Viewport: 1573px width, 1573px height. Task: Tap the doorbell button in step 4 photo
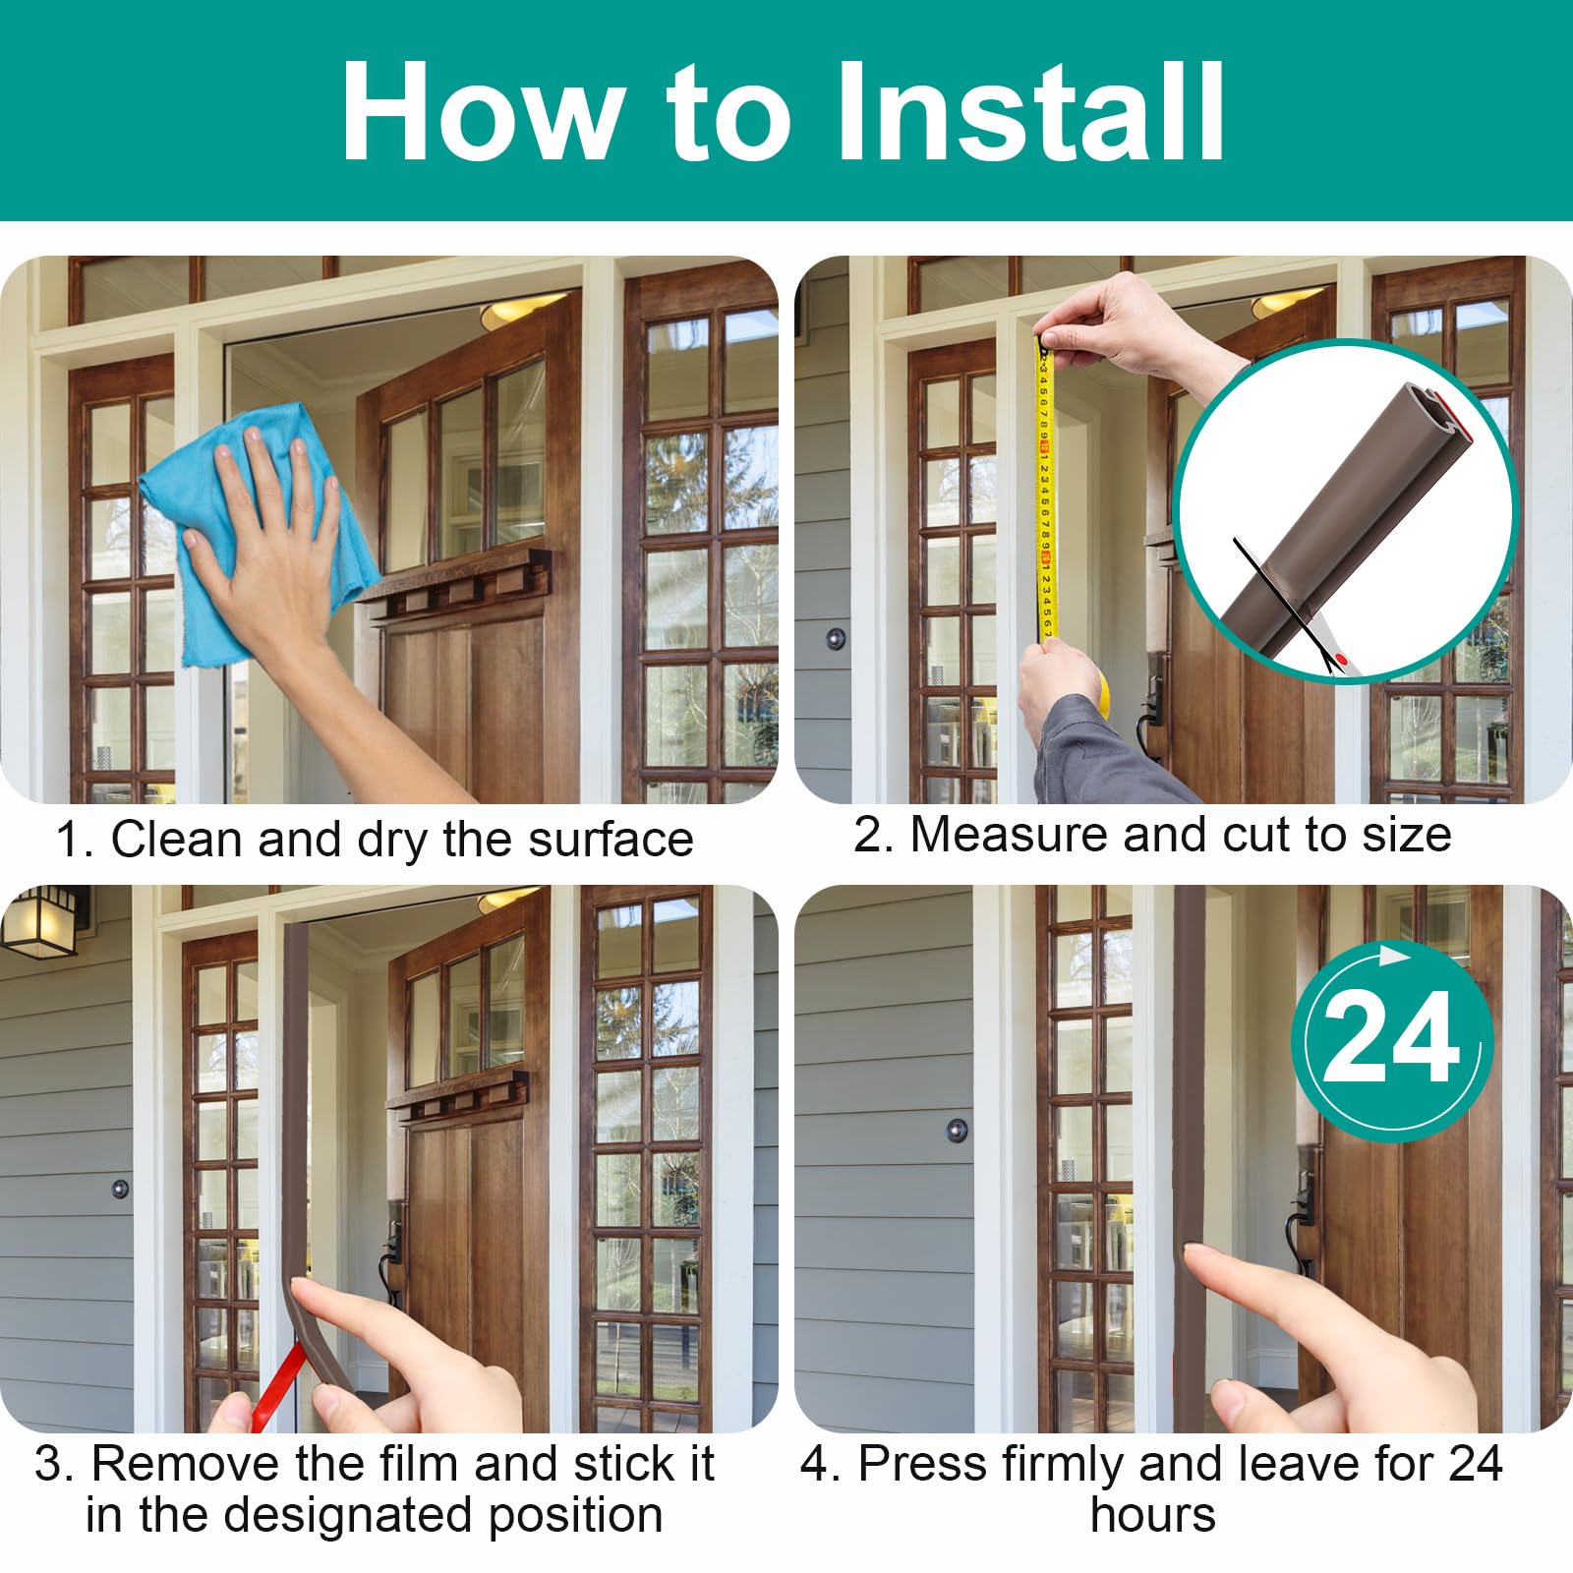pos(957,1130)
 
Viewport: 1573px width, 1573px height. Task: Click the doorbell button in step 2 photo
pos(836,639)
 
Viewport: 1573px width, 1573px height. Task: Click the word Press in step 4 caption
pos(922,1464)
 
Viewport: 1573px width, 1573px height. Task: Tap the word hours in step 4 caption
pos(1152,1515)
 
